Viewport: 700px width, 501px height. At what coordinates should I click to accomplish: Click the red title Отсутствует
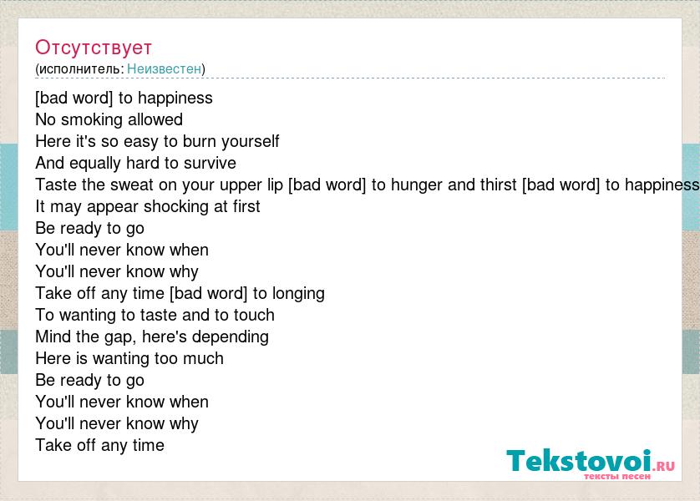tap(94, 48)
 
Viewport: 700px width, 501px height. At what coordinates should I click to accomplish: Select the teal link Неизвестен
tap(165, 68)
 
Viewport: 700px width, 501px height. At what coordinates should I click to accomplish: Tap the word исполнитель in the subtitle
tap(79, 68)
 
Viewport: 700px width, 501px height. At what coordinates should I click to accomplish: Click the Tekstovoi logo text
tap(579, 460)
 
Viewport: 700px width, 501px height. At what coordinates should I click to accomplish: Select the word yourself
tap(251, 141)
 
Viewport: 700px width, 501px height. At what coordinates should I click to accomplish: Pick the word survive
tap(210, 163)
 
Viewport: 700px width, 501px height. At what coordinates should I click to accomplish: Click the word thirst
tap(498, 185)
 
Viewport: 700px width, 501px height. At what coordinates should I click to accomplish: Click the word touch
tap(254, 315)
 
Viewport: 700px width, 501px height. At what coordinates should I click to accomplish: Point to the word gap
tap(120, 337)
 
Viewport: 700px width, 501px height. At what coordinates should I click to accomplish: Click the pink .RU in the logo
tap(663, 466)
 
